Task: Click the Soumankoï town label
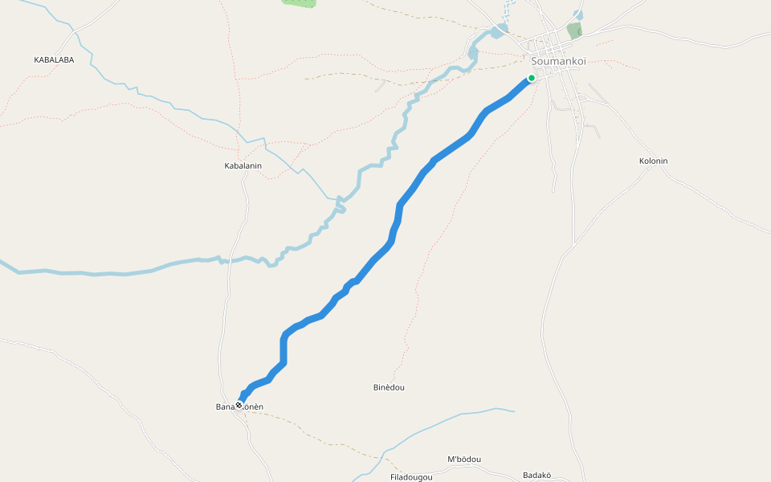[x=559, y=61]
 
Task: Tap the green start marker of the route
[x=531, y=78]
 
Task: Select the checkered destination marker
[x=239, y=405]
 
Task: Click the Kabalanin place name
[x=243, y=165]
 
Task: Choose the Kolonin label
[x=653, y=161]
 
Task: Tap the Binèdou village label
[x=389, y=387]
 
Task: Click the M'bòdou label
[x=463, y=460]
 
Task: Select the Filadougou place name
[x=411, y=477]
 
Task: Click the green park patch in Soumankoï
[x=574, y=31]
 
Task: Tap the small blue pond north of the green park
[x=578, y=14]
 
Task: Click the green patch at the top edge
[x=299, y=2]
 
